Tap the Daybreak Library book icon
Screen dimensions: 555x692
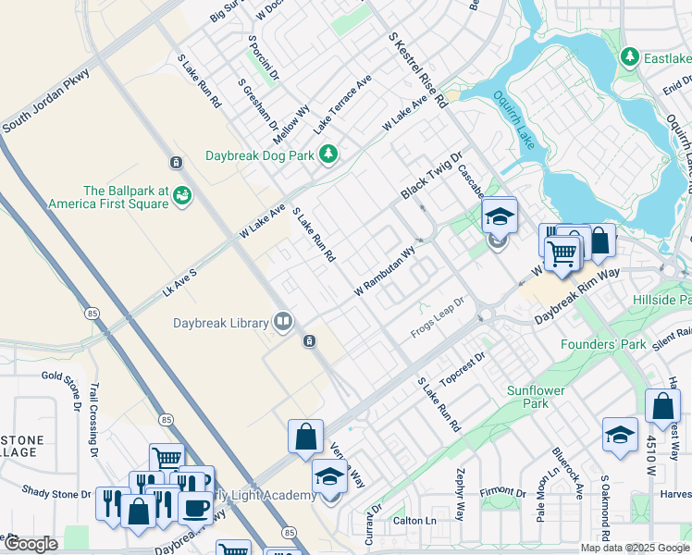[283, 323]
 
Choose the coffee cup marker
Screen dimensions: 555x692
[195, 506]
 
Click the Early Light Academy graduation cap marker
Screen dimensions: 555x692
[328, 476]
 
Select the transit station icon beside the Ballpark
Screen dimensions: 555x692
[176, 163]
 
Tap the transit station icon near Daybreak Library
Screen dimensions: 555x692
[310, 341]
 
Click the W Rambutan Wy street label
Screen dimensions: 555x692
[385, 271]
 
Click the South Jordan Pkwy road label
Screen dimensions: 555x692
[45, 101]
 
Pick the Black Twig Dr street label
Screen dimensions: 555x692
[430, 176]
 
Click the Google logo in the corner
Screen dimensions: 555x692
[31, 544]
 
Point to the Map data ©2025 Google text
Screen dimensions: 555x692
[634, 548]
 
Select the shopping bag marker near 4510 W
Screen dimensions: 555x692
[662, 406]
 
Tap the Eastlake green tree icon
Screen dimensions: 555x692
[631, 58]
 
